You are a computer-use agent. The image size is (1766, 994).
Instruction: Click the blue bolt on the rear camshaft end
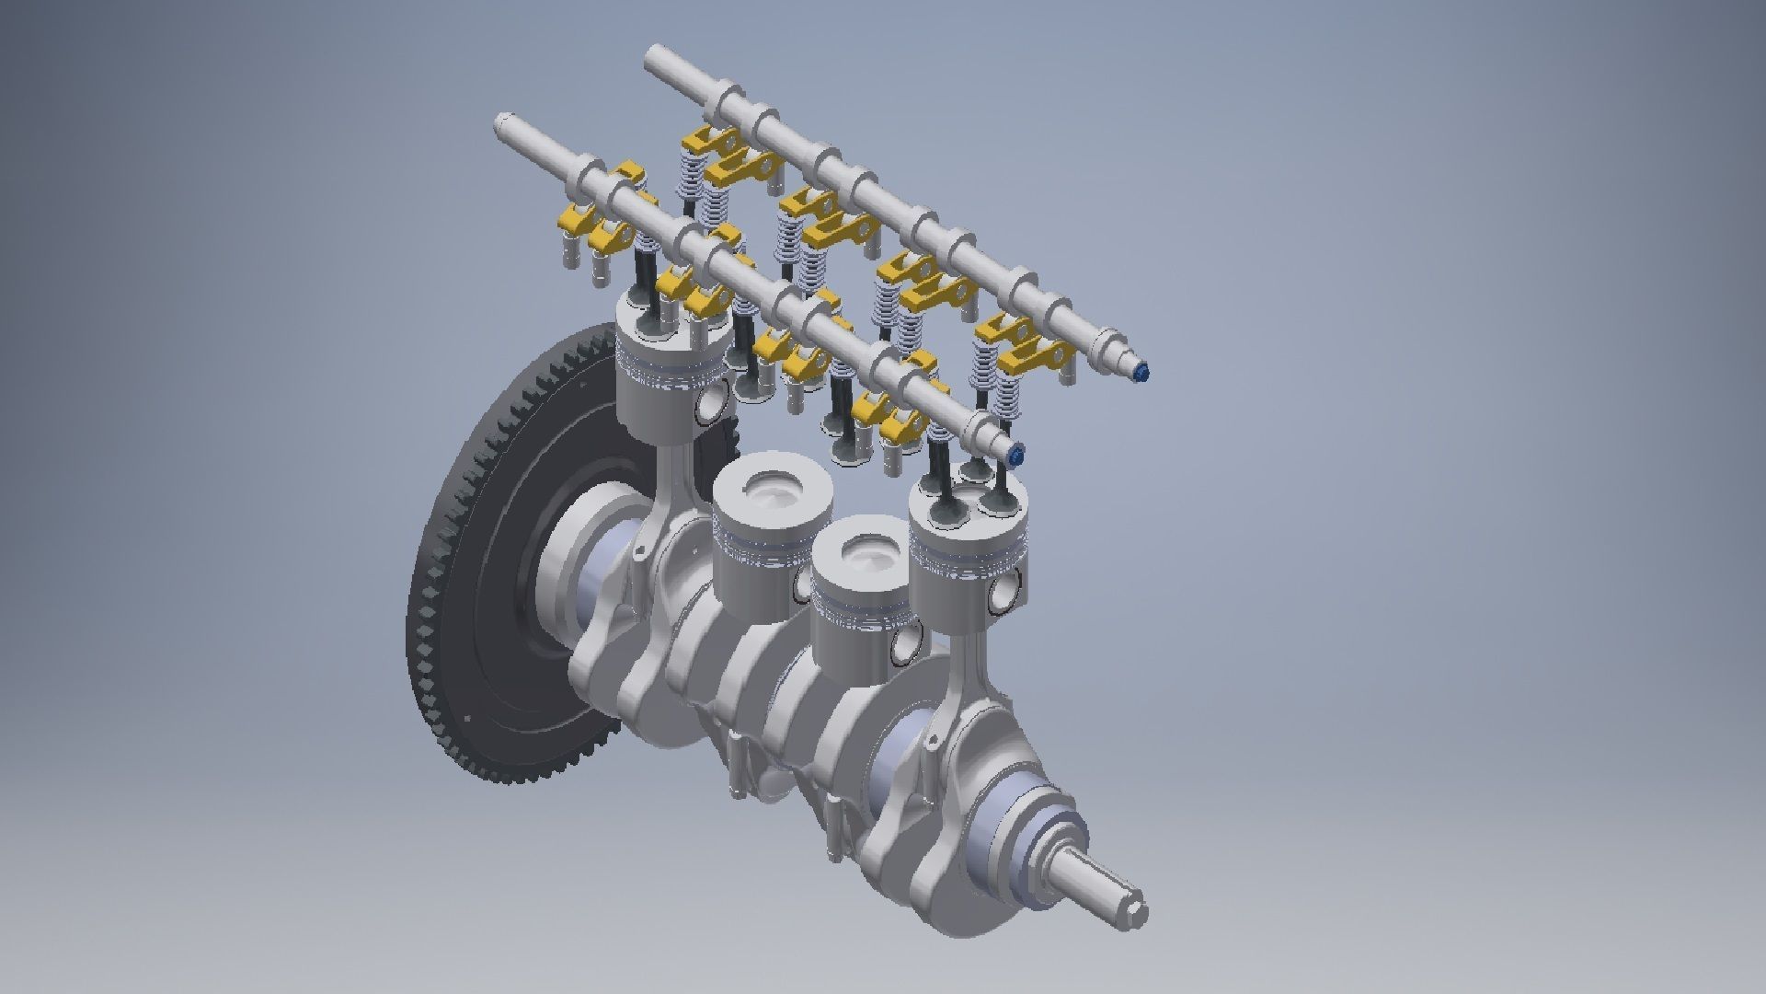coord(1142,374)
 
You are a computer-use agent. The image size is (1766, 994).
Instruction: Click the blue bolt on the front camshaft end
coord(1015,456)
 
